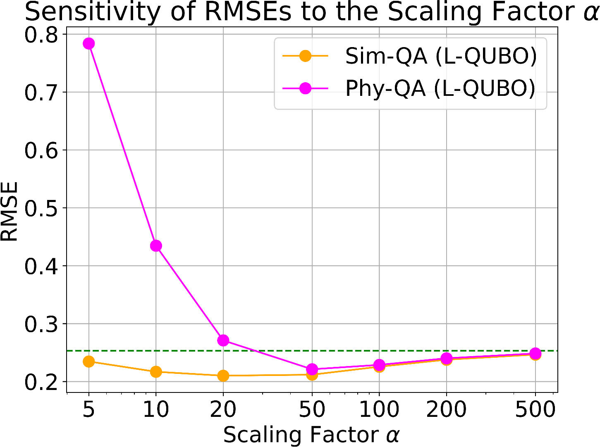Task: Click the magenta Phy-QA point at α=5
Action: (88, 43)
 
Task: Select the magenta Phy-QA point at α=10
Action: (156, 246)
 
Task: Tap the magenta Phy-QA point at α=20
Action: (223, 340)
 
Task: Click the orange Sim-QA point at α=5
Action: (88, 361)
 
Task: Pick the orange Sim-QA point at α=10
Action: (156, 372)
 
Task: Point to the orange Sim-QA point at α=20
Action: (223, 376)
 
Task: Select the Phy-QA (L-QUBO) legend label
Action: (440, 88)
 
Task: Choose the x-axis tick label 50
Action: (312, 409)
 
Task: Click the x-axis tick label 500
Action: (535, 409)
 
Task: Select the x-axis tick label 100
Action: (379, 409)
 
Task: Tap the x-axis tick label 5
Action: (88, 409)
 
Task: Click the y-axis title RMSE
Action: (9, 211)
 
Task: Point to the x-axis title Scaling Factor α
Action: (311, 435)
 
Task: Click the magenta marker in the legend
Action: (305, 88)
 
